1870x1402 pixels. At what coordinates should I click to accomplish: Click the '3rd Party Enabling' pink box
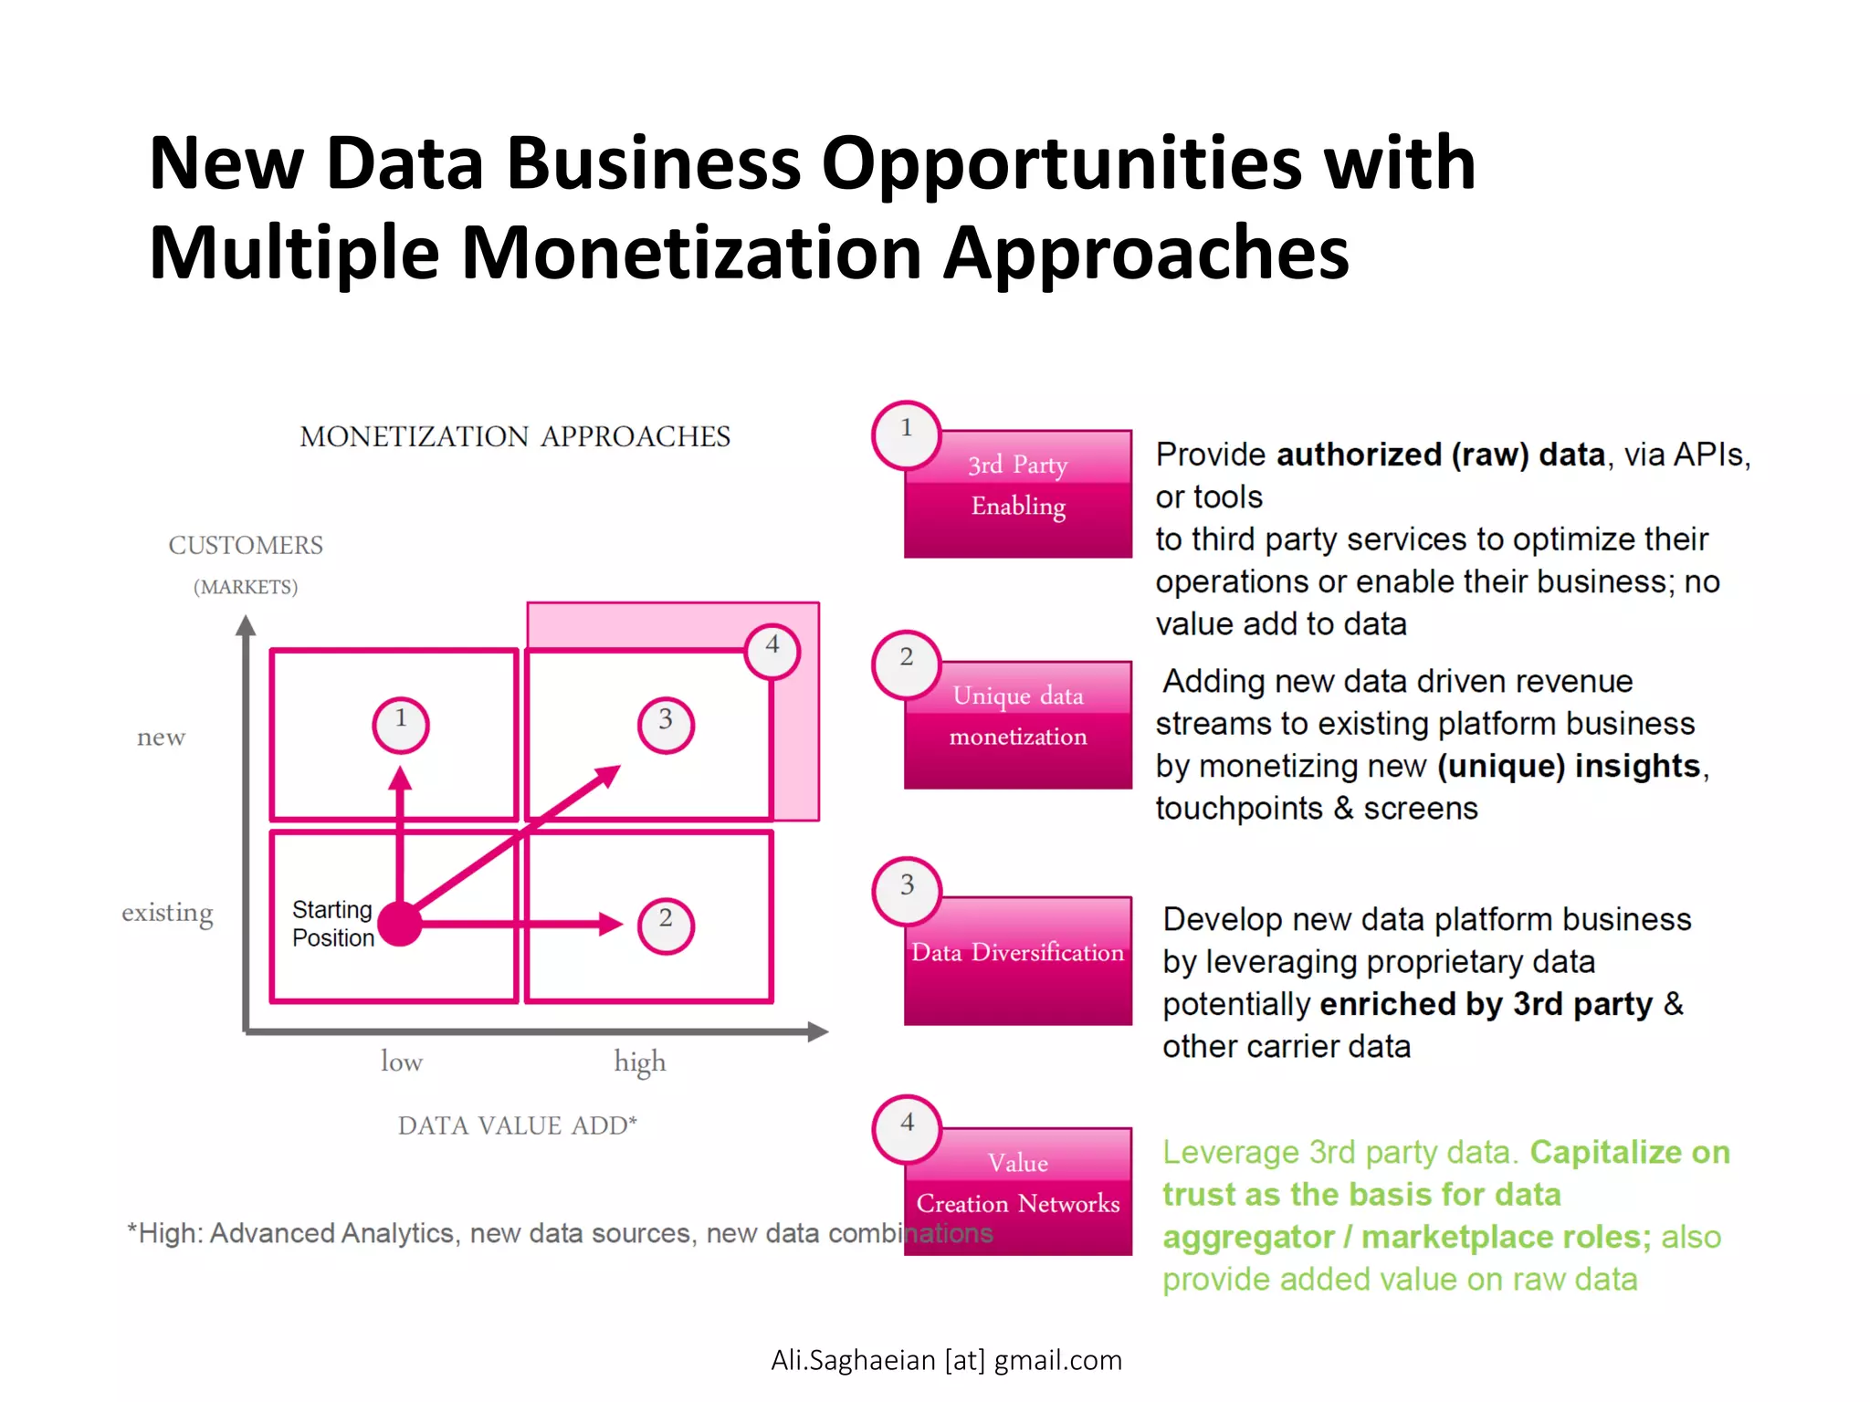coord(1017,494)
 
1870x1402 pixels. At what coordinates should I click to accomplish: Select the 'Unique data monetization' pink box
coord(1017,725)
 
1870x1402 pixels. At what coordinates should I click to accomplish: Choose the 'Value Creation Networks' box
coord(1017,1191)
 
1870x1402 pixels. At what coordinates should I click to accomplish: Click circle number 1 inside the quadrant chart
coord(401,726)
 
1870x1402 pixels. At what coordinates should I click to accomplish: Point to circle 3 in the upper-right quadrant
coord(666,726)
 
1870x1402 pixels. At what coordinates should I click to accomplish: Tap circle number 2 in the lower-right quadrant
coord(666,926)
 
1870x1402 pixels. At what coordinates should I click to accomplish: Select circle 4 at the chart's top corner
coord(772,651)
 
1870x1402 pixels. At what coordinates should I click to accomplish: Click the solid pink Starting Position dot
coord(400,925)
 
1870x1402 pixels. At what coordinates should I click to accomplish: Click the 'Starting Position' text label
coord(332,924)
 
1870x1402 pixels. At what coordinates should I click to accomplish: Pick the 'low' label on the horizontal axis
coord(402,1062)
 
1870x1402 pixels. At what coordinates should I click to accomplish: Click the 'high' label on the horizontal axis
coord(639,1062)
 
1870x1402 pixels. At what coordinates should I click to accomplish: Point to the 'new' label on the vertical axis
coord(161,738)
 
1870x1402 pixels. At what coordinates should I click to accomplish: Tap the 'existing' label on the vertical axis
coord(167,913)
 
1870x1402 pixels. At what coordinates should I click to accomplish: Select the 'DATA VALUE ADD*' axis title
coord(517,1125)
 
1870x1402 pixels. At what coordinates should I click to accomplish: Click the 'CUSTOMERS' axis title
coord(246,546)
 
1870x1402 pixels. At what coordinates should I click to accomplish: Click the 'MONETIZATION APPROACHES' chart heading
coord(515,436)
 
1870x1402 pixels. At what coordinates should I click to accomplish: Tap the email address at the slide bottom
coord(946,1360)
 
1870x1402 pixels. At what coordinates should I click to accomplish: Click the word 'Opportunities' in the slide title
coord(1062,164)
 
